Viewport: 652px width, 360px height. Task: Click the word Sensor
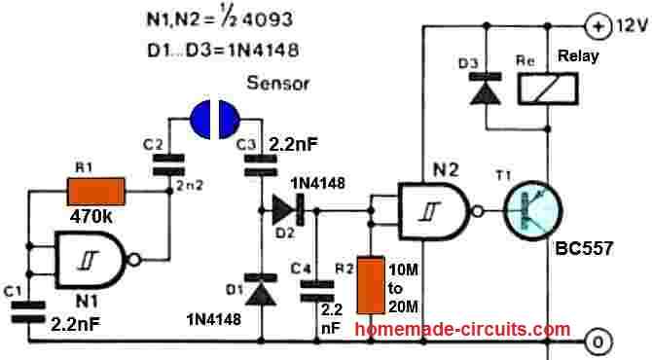tap(278, 84)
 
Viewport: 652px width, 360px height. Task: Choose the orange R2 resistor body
tap(371, 284)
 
